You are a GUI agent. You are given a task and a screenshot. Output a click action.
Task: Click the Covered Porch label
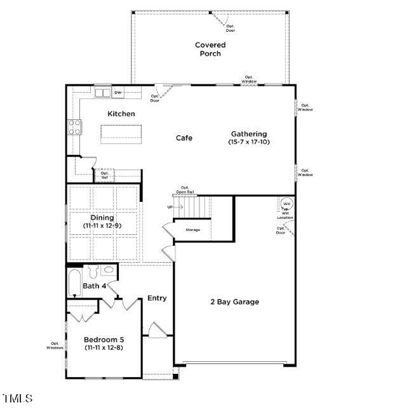click(210, 49)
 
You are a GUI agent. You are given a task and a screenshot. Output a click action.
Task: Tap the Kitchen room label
click(121, 114)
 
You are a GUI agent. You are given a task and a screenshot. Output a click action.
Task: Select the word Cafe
click(184, 138)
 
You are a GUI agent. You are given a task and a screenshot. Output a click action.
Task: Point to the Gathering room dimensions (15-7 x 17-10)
click(248, 142)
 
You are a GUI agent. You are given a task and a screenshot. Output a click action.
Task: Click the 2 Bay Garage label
click(234, 302)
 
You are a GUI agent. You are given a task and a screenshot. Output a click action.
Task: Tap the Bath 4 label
click(94, 286)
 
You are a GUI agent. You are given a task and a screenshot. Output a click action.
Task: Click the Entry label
click(157, 298)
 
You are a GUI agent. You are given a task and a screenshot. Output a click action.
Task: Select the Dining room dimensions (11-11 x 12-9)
click(102, 225)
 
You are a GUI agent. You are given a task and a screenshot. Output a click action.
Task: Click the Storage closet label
click(192, 230)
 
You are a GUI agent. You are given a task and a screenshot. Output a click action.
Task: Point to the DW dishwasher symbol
click(117, 93)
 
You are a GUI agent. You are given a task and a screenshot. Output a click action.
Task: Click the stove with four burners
click(75, 127)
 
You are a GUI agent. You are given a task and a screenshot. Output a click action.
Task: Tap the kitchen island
click(121, 134)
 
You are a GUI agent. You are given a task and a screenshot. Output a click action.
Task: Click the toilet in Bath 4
click(92, 272)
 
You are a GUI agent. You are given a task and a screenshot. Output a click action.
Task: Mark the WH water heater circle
click(286, 204)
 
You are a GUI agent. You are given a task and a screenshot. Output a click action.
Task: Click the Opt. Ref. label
click(105, 175)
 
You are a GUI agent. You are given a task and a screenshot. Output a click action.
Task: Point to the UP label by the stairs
click(170, 207)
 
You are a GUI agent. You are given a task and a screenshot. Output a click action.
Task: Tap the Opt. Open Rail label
click(185, 189)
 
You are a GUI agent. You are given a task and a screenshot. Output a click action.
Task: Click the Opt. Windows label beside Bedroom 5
click(55, 346)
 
